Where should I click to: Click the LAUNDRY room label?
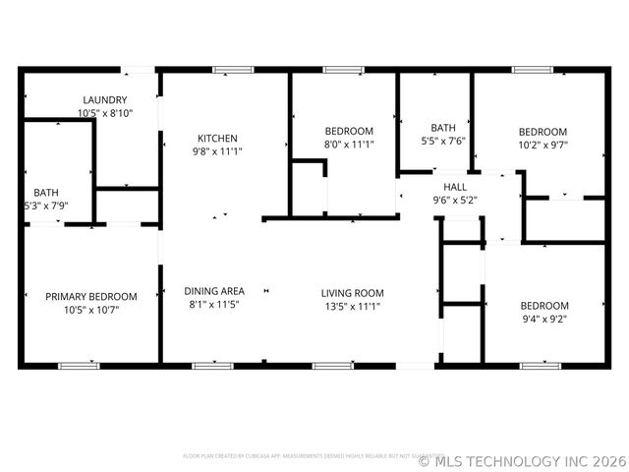tap(104, 100)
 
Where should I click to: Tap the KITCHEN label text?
tap(217, 138)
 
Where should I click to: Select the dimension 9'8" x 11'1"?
tap(217, 151)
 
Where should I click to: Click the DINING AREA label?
tap(214, 291)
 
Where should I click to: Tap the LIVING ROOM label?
tap(352, 293)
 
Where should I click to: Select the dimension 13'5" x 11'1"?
tap(352, 307)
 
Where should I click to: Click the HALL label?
tap(455, 187)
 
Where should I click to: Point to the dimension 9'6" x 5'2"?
tap(455, 200)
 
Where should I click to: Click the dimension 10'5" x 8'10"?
tap(104, 114)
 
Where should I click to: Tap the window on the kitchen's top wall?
tap(233, 69)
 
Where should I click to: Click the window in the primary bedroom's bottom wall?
tap(79, 366)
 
